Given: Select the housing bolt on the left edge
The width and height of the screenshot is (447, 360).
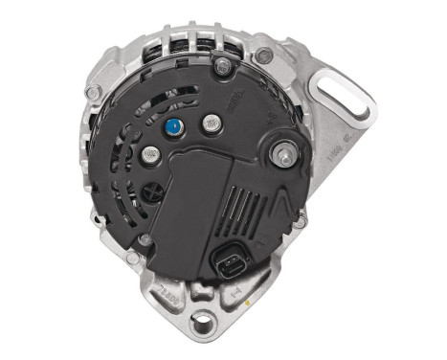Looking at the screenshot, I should click(94, 93).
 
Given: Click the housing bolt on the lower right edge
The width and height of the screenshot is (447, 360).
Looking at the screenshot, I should click(300, 221).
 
